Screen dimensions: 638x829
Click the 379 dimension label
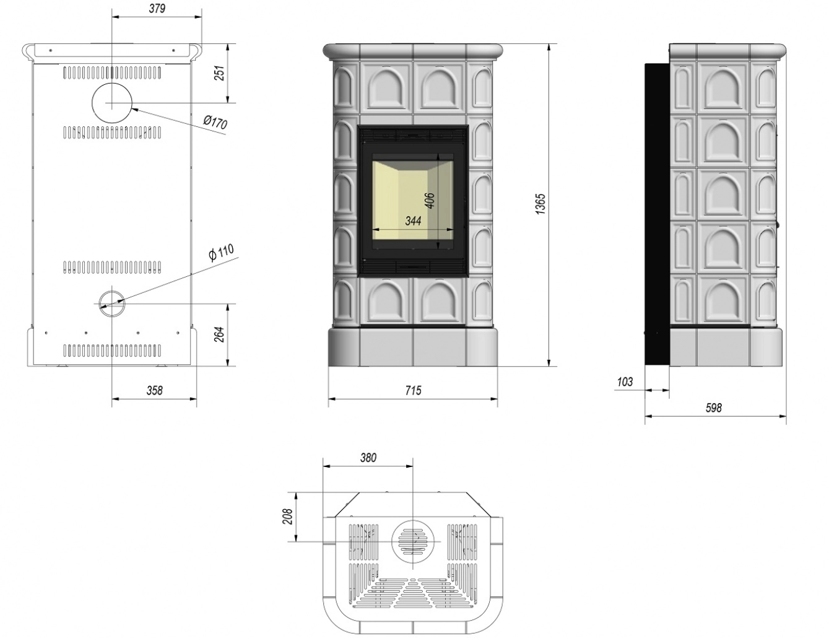pos(157,9)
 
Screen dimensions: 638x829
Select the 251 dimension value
pos(218,73)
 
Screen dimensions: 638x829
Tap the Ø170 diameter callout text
pos(215,122)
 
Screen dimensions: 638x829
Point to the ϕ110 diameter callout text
pos(221,253)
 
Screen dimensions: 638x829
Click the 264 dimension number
pos(218,334)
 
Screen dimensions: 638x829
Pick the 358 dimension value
pos(154,390)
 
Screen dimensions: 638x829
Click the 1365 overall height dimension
pos(540,204)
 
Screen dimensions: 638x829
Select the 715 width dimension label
pos(413,390)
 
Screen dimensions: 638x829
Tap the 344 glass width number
pos(413,221)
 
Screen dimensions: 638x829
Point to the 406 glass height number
pos(430,201)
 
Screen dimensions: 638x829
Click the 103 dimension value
pos(625,382)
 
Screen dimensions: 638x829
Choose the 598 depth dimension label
pos(713,408)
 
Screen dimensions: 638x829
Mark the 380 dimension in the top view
pos(368,458)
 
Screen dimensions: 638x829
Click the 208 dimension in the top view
pos(288,517)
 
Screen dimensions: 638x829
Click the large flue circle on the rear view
pos(112,102)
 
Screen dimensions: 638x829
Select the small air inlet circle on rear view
pos(112,303)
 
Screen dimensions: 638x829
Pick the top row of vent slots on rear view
pos(112,72)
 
